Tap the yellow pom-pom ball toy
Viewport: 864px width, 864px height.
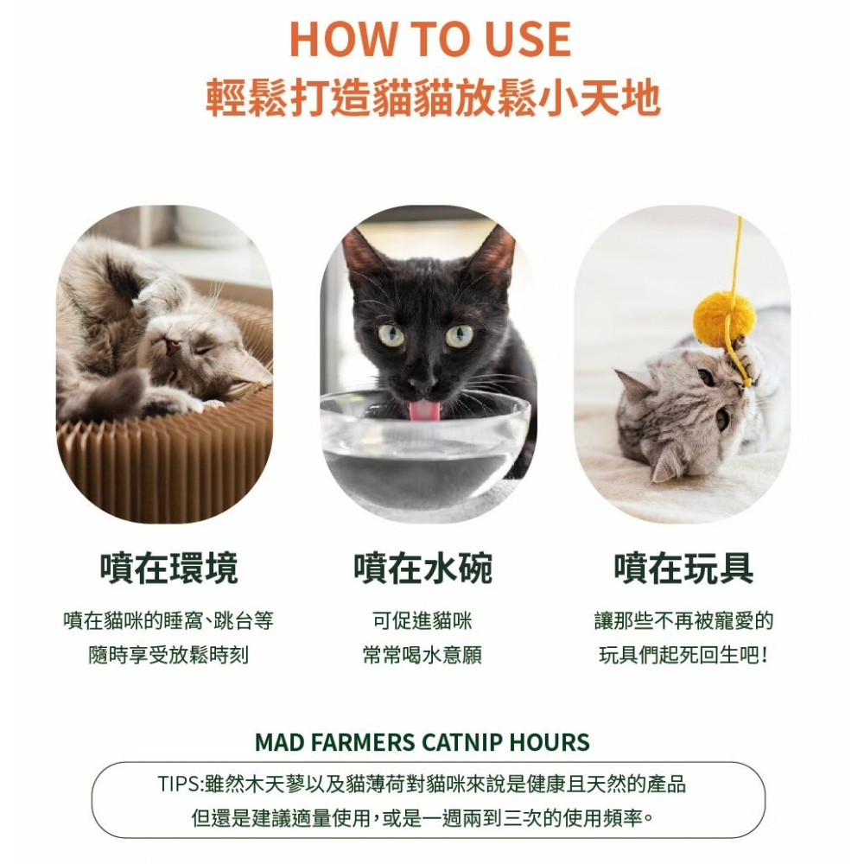[x=724, y=320]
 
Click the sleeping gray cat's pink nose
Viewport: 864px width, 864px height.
[x=173, y=346]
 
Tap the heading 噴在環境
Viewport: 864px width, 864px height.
[x=168, y=569]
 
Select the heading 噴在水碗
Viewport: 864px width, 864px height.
[x=422, y=569]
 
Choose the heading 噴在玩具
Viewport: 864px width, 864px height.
[x=683, y=569]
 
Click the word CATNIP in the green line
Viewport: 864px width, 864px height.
[x=461, y=742]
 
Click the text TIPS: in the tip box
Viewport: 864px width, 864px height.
[x=181, y=784]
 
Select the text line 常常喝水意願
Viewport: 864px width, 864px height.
[x=422, y=655]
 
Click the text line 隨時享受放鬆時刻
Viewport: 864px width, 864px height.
[x=168, y=655]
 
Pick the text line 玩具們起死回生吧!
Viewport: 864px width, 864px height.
[x=683, y=655]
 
